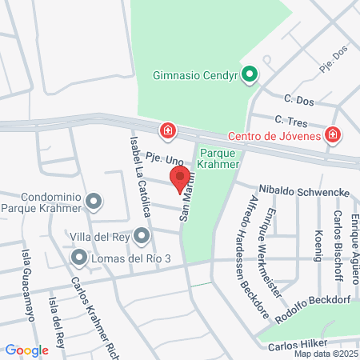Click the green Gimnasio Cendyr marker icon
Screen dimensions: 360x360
tap(250, 76)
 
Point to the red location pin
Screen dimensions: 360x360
tap(180, 177)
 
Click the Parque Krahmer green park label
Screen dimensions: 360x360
tap(219, 158)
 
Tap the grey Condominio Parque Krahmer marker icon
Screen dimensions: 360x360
tap(94, 202)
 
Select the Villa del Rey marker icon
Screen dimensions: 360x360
tap(142, 235)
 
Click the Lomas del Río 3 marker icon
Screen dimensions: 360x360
tap(79, 258)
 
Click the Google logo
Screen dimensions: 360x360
tap(26, 350)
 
